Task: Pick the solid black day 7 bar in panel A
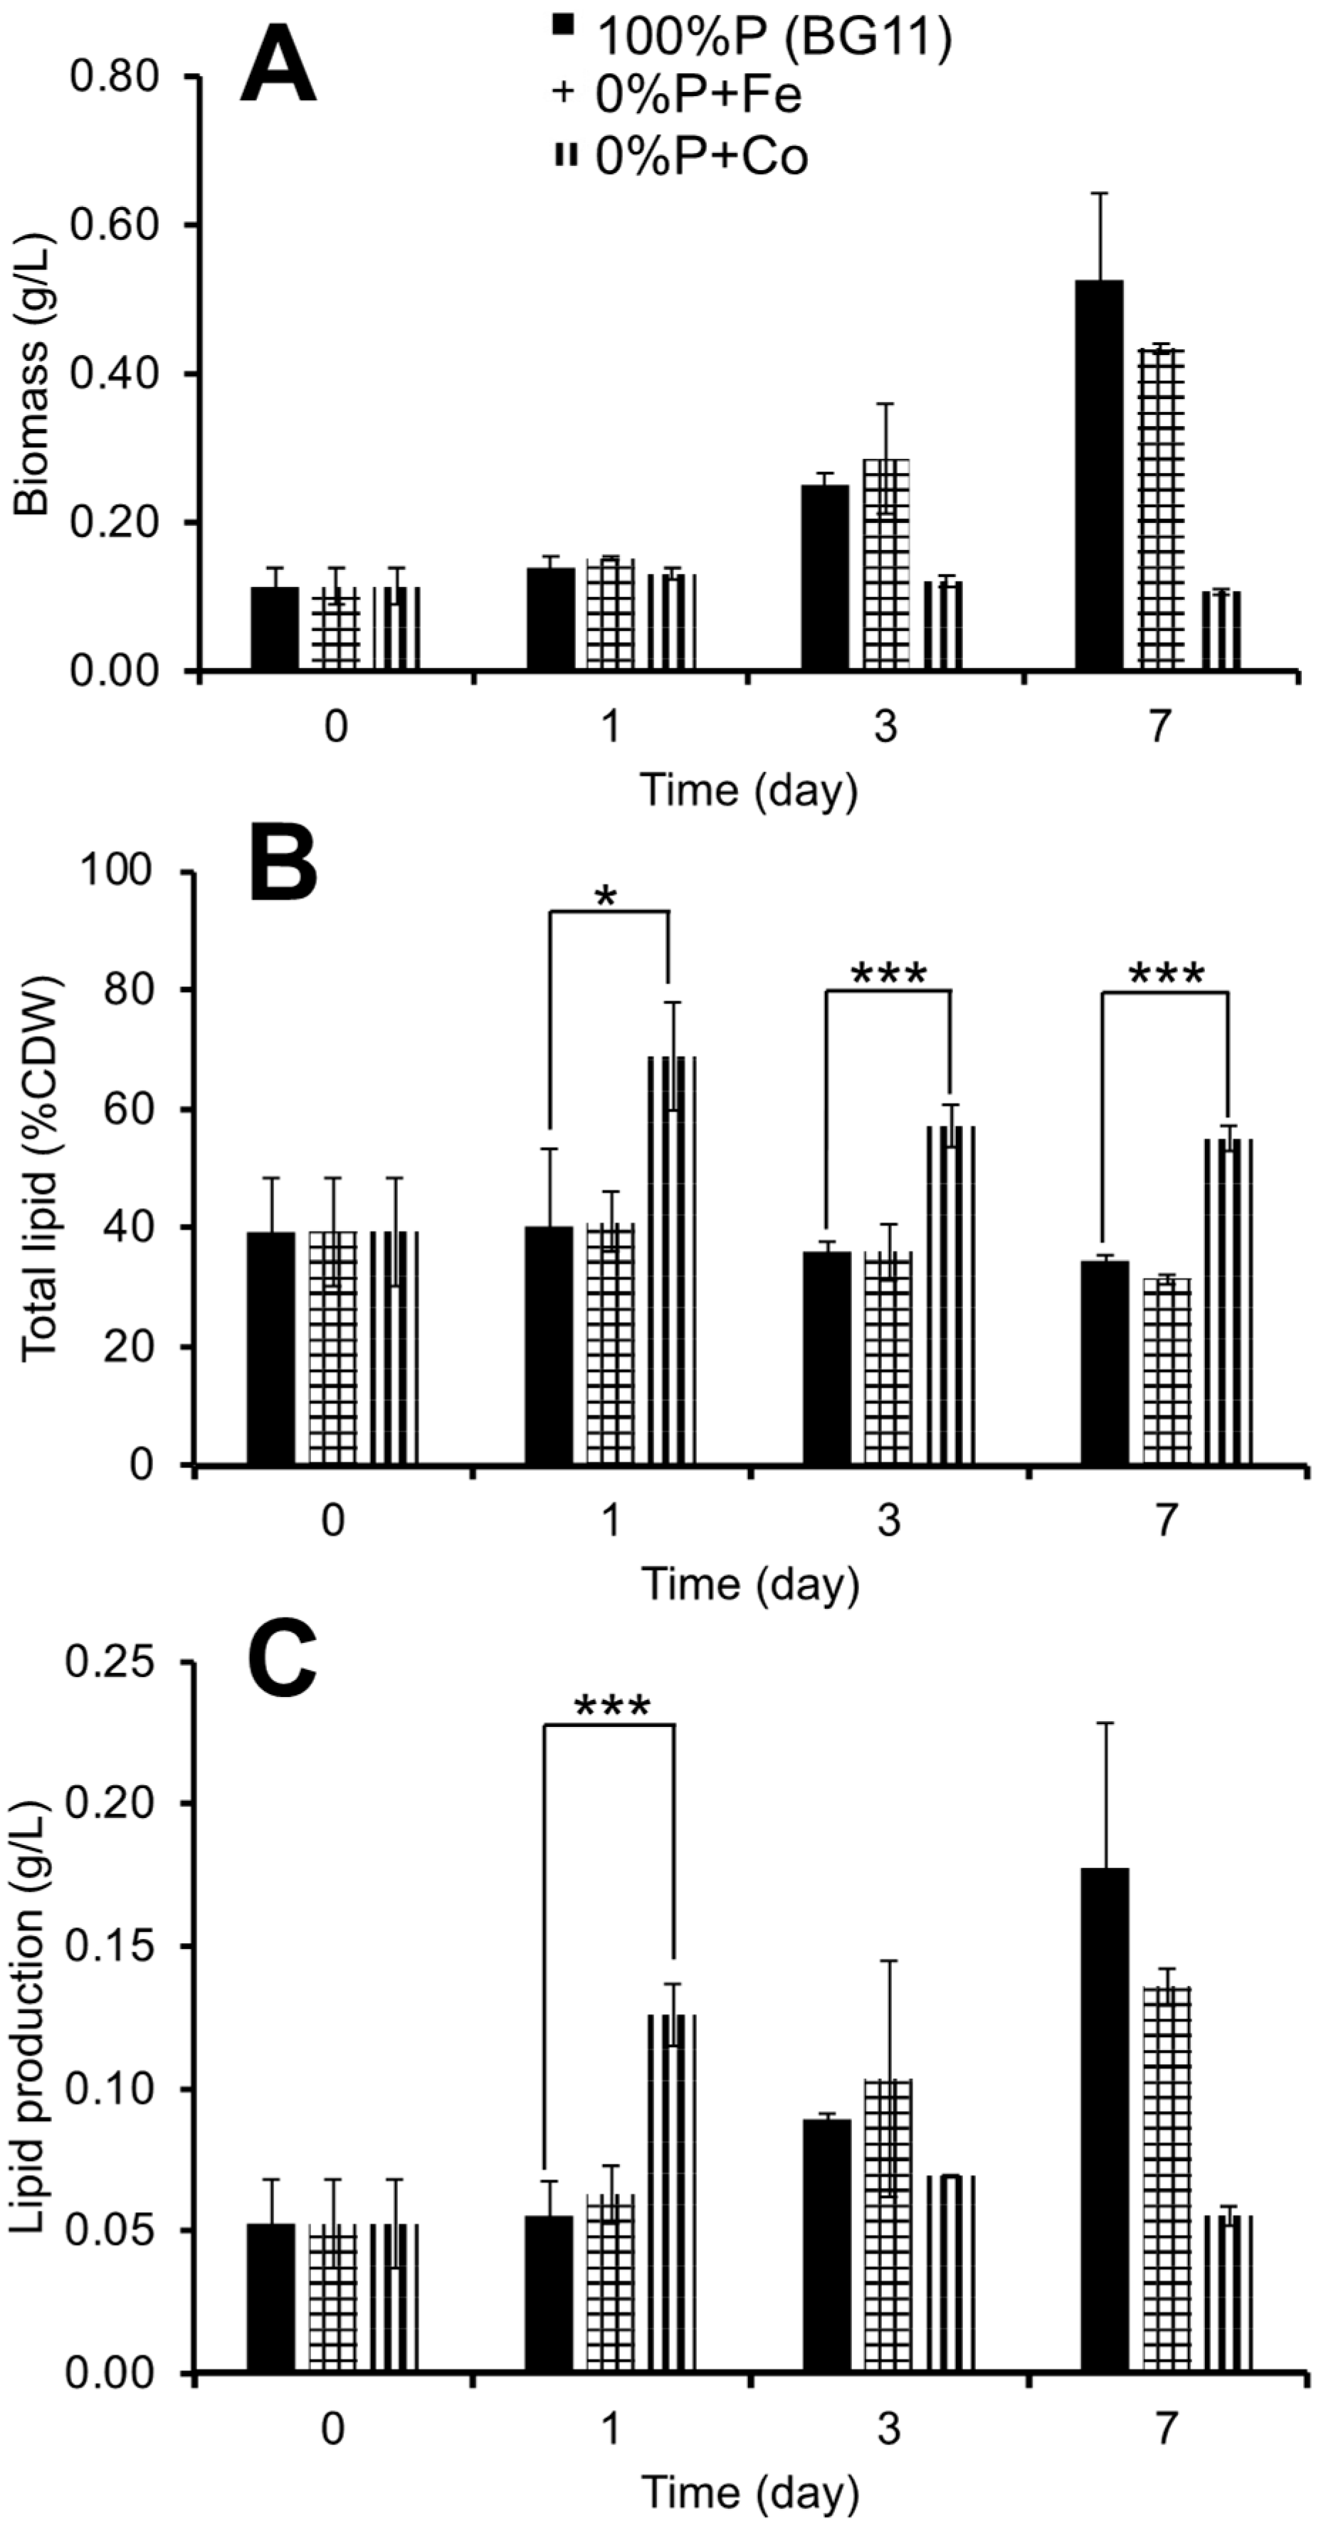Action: click(x=1100, y=475)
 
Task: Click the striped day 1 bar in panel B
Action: click(x=672, y=1260)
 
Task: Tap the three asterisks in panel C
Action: click(x=611, y=1707)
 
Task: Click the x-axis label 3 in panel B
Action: click(x=888, y=1520)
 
